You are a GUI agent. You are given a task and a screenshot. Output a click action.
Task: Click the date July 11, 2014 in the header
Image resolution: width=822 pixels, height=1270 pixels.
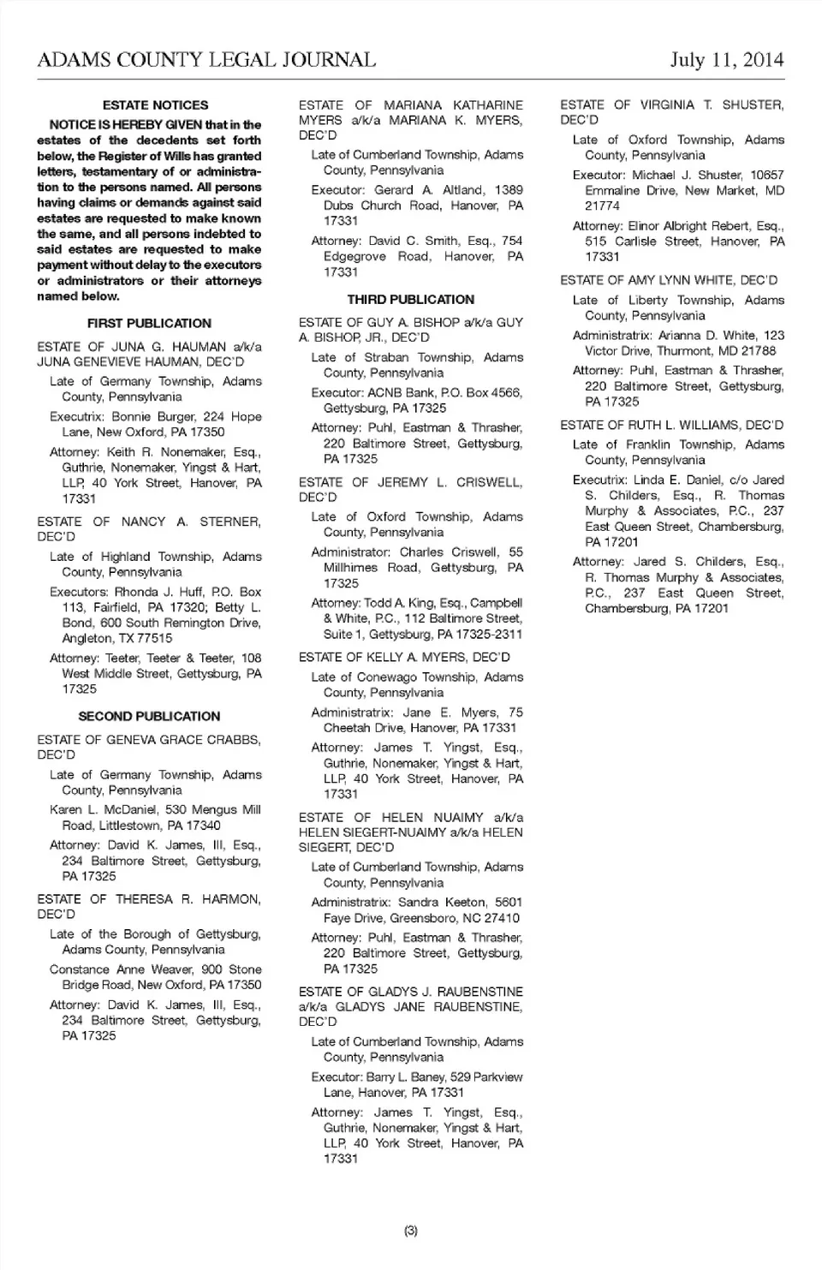(x=726, y=60)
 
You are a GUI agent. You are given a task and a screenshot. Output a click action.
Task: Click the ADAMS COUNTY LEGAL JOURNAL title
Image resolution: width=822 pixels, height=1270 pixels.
(x=206, y=60)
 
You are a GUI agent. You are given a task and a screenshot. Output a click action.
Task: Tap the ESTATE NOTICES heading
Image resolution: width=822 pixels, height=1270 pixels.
(x=155, y=105)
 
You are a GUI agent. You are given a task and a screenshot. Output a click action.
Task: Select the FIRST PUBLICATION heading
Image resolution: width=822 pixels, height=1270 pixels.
(x=149, y=324)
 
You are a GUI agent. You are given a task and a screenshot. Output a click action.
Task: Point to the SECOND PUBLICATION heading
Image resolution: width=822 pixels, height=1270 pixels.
(x=149, y=717)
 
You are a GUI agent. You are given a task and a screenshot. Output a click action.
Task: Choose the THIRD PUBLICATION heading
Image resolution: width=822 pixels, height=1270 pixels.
(x=410, y=300)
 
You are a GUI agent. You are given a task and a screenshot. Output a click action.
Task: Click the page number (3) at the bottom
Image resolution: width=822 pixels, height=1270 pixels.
(x=410, y=1231)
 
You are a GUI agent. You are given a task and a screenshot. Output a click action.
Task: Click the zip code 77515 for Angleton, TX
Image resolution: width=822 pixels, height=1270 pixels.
(x=154, y=639)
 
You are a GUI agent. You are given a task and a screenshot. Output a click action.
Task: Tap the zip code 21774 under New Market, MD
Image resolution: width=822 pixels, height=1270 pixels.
(x=602, y=206)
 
